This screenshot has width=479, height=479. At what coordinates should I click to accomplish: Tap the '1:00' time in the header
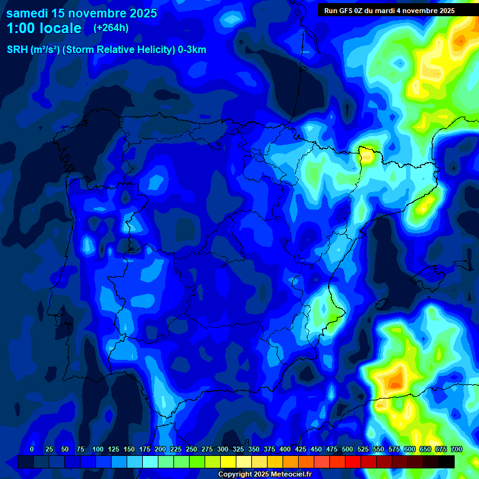click(22, 28)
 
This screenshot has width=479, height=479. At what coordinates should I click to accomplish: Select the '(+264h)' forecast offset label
click(110, 28)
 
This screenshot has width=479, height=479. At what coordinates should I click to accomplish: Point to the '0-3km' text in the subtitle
click(192, 50)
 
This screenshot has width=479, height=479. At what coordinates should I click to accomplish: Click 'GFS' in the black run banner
click(350, 11)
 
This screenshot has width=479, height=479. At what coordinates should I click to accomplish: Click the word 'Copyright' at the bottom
click(236, 474)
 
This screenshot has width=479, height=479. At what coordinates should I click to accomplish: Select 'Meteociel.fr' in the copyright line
click(289, 474)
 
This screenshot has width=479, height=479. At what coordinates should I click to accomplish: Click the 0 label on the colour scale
click(32, 449)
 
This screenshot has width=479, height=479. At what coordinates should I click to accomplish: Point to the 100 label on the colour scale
click(98, 449)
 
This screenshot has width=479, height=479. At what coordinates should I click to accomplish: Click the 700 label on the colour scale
click(457, 449)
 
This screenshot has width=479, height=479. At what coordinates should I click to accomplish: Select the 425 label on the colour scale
click(301, 449)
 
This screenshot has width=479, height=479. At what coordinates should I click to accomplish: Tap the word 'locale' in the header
click(63, 28)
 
